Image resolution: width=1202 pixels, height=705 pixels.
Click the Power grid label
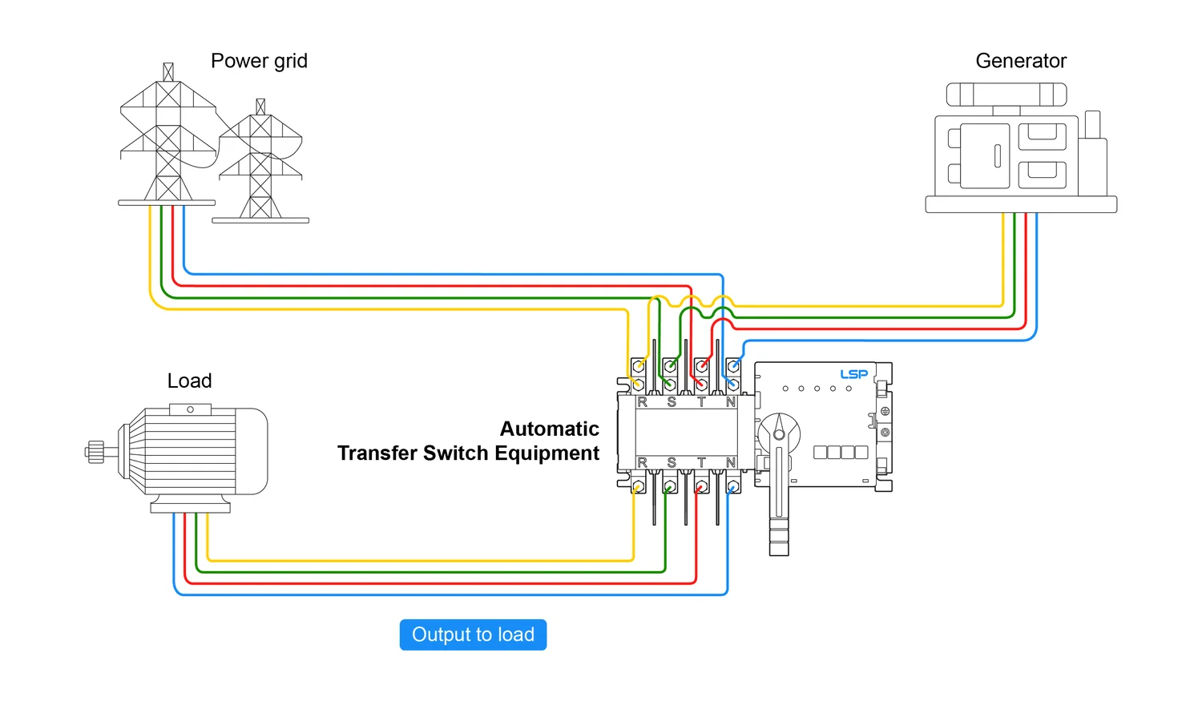259,62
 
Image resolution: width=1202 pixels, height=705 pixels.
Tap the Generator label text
1021,62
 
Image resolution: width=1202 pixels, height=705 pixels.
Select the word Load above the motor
189,381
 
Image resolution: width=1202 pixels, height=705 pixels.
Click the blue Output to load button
473,634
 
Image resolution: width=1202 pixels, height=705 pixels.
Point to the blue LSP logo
853,374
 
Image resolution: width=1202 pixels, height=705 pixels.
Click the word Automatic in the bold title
549,429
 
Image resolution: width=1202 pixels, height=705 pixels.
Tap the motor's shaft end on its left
95,452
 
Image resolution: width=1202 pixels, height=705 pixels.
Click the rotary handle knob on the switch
779,433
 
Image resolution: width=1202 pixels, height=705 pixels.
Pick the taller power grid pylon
167,136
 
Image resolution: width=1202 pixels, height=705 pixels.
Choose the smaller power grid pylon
260,164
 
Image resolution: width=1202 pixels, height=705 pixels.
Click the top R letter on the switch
642,402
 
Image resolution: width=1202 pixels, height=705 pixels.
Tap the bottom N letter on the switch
731,462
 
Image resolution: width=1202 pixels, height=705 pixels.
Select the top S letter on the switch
672,402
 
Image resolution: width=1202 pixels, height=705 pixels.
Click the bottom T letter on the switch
701,462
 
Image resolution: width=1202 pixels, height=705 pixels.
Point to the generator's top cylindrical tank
1006,95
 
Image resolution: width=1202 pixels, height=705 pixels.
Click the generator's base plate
1021,204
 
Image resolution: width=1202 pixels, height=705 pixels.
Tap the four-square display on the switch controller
841,453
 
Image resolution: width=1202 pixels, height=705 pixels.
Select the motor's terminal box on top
190,409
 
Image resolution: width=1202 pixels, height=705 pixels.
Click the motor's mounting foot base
190,507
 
